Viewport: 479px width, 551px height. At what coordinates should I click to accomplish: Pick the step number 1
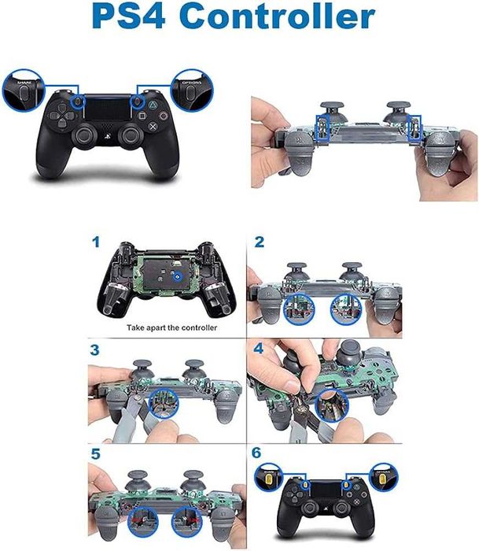[96, 242]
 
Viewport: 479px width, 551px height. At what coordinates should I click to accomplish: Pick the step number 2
[258, 242]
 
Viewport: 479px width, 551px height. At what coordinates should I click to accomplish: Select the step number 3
[96, 349]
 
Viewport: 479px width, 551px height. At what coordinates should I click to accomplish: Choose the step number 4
[259, 349]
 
